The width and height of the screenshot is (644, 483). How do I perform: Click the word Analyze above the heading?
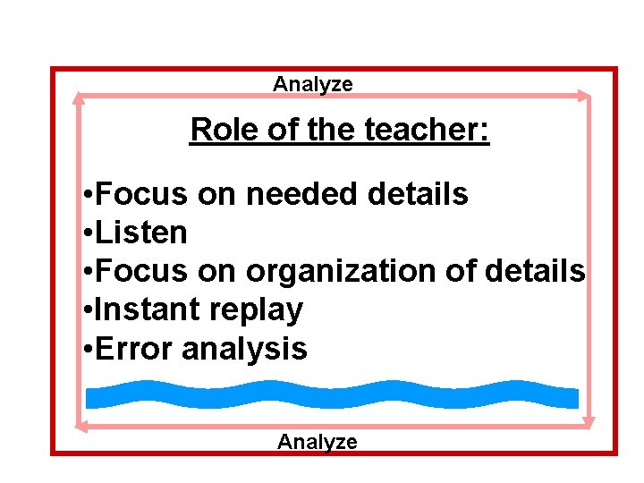(x=313, y=84)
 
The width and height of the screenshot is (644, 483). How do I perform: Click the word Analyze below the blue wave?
(x=317, y=441)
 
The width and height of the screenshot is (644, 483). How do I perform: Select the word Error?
(x=133, y=349)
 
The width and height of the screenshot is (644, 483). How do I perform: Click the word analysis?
(x=244, y=349)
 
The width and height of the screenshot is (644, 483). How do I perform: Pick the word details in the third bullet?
(x=534, y=271)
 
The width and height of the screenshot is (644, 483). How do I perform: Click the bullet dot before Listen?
(x=83, y=233)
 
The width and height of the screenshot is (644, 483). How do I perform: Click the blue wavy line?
(x=331, y=394)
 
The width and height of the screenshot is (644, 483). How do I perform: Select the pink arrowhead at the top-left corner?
(x=78, y=97)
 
